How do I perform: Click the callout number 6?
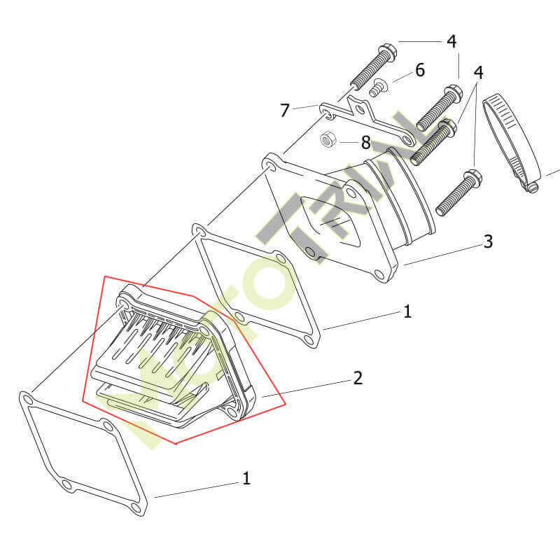420,70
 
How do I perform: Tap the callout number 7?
285,111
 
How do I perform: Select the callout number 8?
365,143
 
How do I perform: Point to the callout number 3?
488,241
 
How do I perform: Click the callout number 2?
358,378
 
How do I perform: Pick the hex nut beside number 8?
328,139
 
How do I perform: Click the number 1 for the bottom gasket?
246,478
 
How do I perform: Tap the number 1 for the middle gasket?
407,311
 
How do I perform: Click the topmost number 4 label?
451,42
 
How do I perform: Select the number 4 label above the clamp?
479,73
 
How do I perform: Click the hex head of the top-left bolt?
387,52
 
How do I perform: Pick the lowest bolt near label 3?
458,193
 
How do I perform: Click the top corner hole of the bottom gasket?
26,398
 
